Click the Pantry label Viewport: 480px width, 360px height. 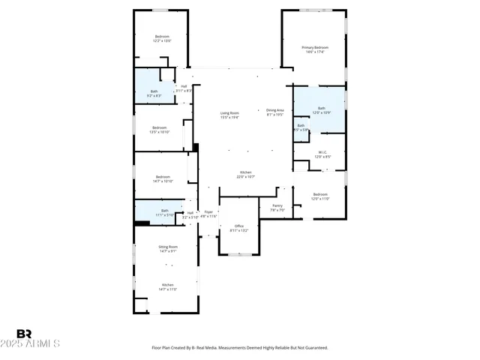click(x=277, y=207)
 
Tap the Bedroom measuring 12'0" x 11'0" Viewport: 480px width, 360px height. click(x=321, y=196)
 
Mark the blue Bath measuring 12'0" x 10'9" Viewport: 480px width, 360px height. click(x=321, y=110)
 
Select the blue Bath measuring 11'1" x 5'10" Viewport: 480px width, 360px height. click(x=164, y=212)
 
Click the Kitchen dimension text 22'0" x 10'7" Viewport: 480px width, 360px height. click(x=246, y=177)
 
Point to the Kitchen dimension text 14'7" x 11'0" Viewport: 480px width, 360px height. click(x=167, y=289)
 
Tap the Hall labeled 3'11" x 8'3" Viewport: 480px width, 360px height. click(x=184, y=88)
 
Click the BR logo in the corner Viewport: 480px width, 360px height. click(x=25, y=334)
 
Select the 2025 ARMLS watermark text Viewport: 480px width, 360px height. click(x=38, y=344)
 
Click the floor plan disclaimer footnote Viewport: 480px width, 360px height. click(x=240, y=348)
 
